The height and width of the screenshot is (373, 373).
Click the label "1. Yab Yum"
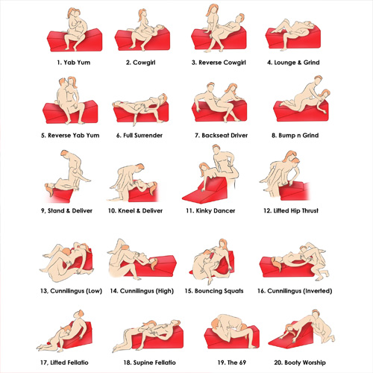(74, 63)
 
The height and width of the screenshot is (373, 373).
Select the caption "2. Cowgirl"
(140, 63)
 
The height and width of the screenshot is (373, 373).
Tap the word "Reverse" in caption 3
(210, 63)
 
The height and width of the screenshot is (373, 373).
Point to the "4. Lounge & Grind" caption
(293, 63)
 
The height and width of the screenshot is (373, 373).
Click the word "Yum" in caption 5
(93, 136)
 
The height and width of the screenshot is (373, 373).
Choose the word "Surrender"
(148, 136)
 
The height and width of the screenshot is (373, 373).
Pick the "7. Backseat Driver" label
(222, 136)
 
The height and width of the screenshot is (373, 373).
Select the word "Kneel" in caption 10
(126, 211)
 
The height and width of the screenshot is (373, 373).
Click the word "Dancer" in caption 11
(225, 211)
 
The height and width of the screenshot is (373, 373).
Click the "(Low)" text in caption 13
(94, 291)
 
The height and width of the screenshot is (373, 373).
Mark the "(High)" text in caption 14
(164, 291)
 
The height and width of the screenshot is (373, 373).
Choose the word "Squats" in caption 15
(233, 291)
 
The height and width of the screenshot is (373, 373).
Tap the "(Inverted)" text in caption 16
(318, 291)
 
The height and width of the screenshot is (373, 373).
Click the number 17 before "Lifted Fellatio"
(44, 363)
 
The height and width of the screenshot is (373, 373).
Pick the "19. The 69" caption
(232, 363)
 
